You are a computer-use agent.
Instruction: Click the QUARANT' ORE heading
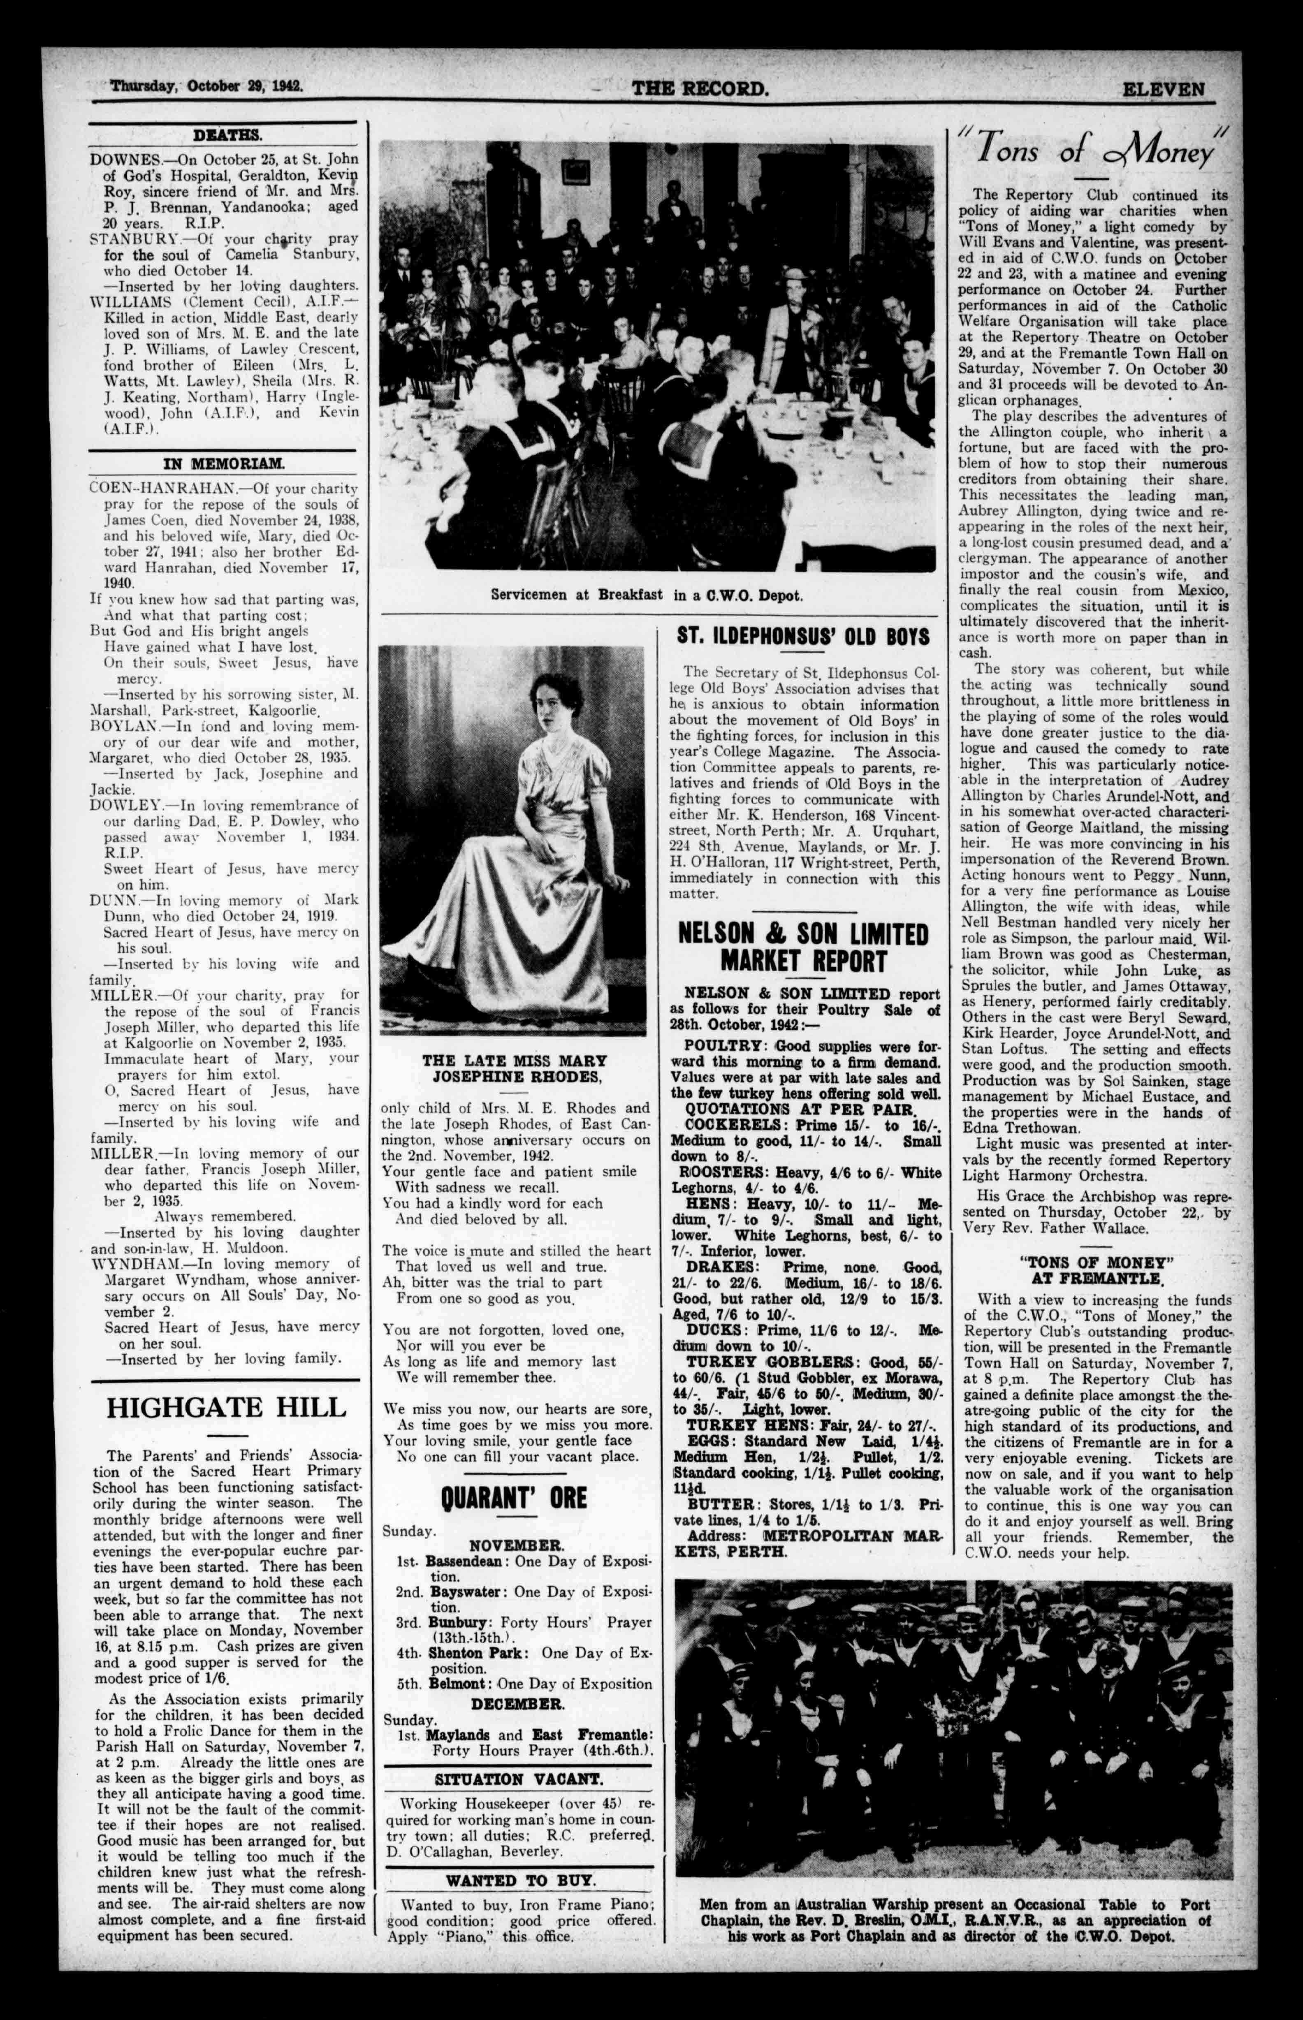(514, 1497)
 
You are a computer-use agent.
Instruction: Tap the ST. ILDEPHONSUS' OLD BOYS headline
(803, 636)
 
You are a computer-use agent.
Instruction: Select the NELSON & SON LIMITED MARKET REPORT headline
(803, 947)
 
